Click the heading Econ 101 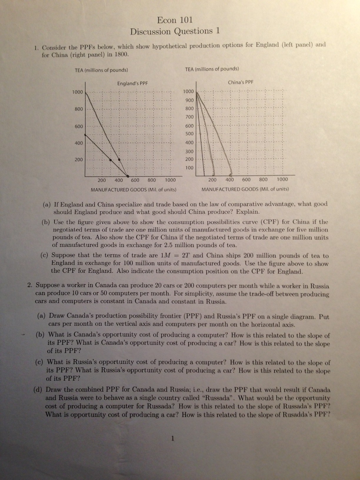[175, 20]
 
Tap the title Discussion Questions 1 [175, 31]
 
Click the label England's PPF [132, 83]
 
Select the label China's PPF [241, 82]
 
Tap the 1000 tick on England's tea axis [78, 92]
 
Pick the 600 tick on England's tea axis [79, 126]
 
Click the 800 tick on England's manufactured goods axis [152, 180]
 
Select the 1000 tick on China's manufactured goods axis [282, 179]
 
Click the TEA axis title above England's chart [101, 70]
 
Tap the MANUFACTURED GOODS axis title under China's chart [245, 189]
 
